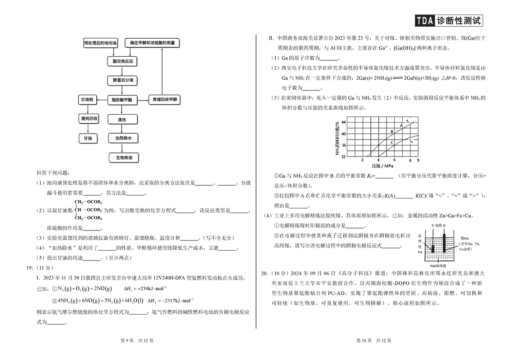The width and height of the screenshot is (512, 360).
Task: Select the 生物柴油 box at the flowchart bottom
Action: pos(124,158)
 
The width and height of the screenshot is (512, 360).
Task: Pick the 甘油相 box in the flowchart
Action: pos(86,100)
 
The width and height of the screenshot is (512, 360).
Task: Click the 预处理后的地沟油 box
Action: pos(100,43)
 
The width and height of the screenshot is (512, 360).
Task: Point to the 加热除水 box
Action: pos(122,139)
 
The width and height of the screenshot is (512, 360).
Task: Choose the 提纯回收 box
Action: pos(89,119)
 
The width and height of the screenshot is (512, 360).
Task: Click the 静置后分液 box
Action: pos(122,81)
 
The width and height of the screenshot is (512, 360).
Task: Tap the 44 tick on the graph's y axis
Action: pos(344,122)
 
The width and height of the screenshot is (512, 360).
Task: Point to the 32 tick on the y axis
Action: pos(344,157)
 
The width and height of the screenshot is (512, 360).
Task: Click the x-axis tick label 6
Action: pos(394,160)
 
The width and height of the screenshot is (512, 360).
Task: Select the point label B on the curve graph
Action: pos(392,131)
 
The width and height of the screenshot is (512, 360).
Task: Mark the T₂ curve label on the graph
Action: pos(410,142)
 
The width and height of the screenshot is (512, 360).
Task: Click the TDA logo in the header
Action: pos(424,21)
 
